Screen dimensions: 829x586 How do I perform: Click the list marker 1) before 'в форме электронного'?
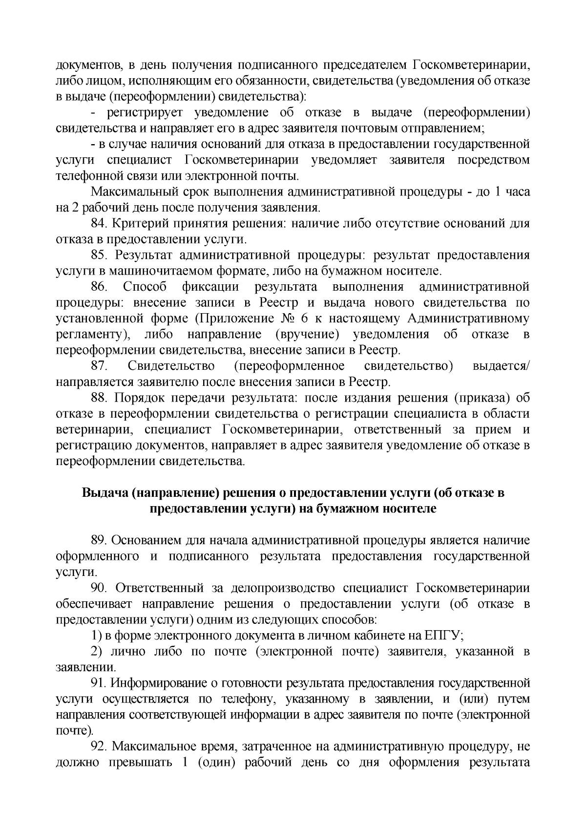point(96,636)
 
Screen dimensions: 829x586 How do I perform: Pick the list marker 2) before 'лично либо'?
point(96,652)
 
